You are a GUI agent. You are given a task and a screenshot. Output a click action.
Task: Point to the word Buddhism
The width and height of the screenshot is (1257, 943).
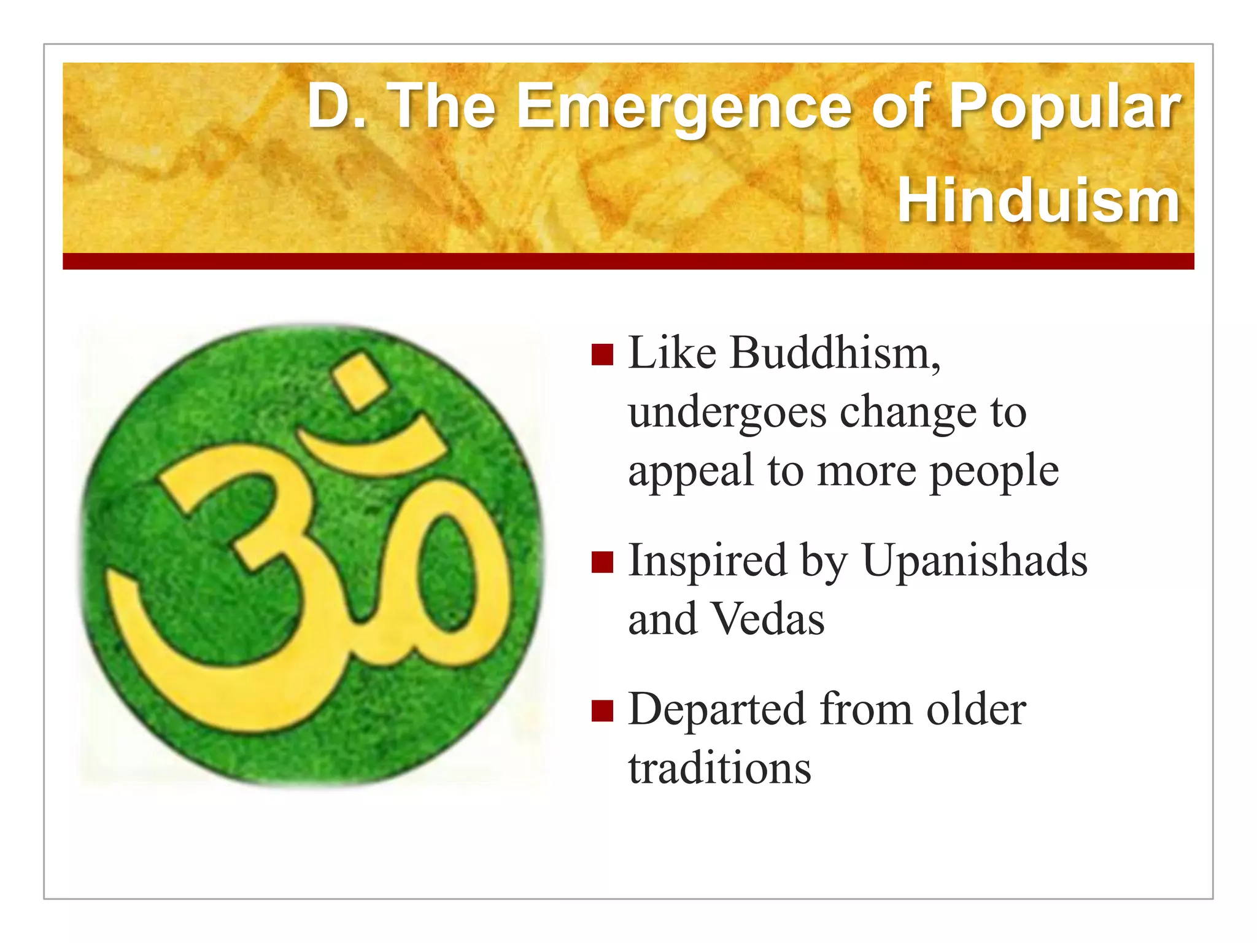coord(835,354)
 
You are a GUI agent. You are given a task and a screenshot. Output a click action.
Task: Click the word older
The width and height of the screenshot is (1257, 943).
coord(976,710)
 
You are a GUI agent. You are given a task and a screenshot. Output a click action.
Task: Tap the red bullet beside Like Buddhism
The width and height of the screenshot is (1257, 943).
coord(602,355)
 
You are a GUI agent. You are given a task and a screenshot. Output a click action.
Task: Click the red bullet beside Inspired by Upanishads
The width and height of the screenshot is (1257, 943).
coord(602,562)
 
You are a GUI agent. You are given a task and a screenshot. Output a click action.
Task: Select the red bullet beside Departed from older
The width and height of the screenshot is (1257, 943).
coord(602,710)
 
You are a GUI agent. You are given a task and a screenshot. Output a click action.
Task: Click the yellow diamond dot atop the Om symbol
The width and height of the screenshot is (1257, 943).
coord(358,379)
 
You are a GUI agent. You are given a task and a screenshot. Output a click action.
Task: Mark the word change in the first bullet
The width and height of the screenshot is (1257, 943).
coord(908,413)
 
